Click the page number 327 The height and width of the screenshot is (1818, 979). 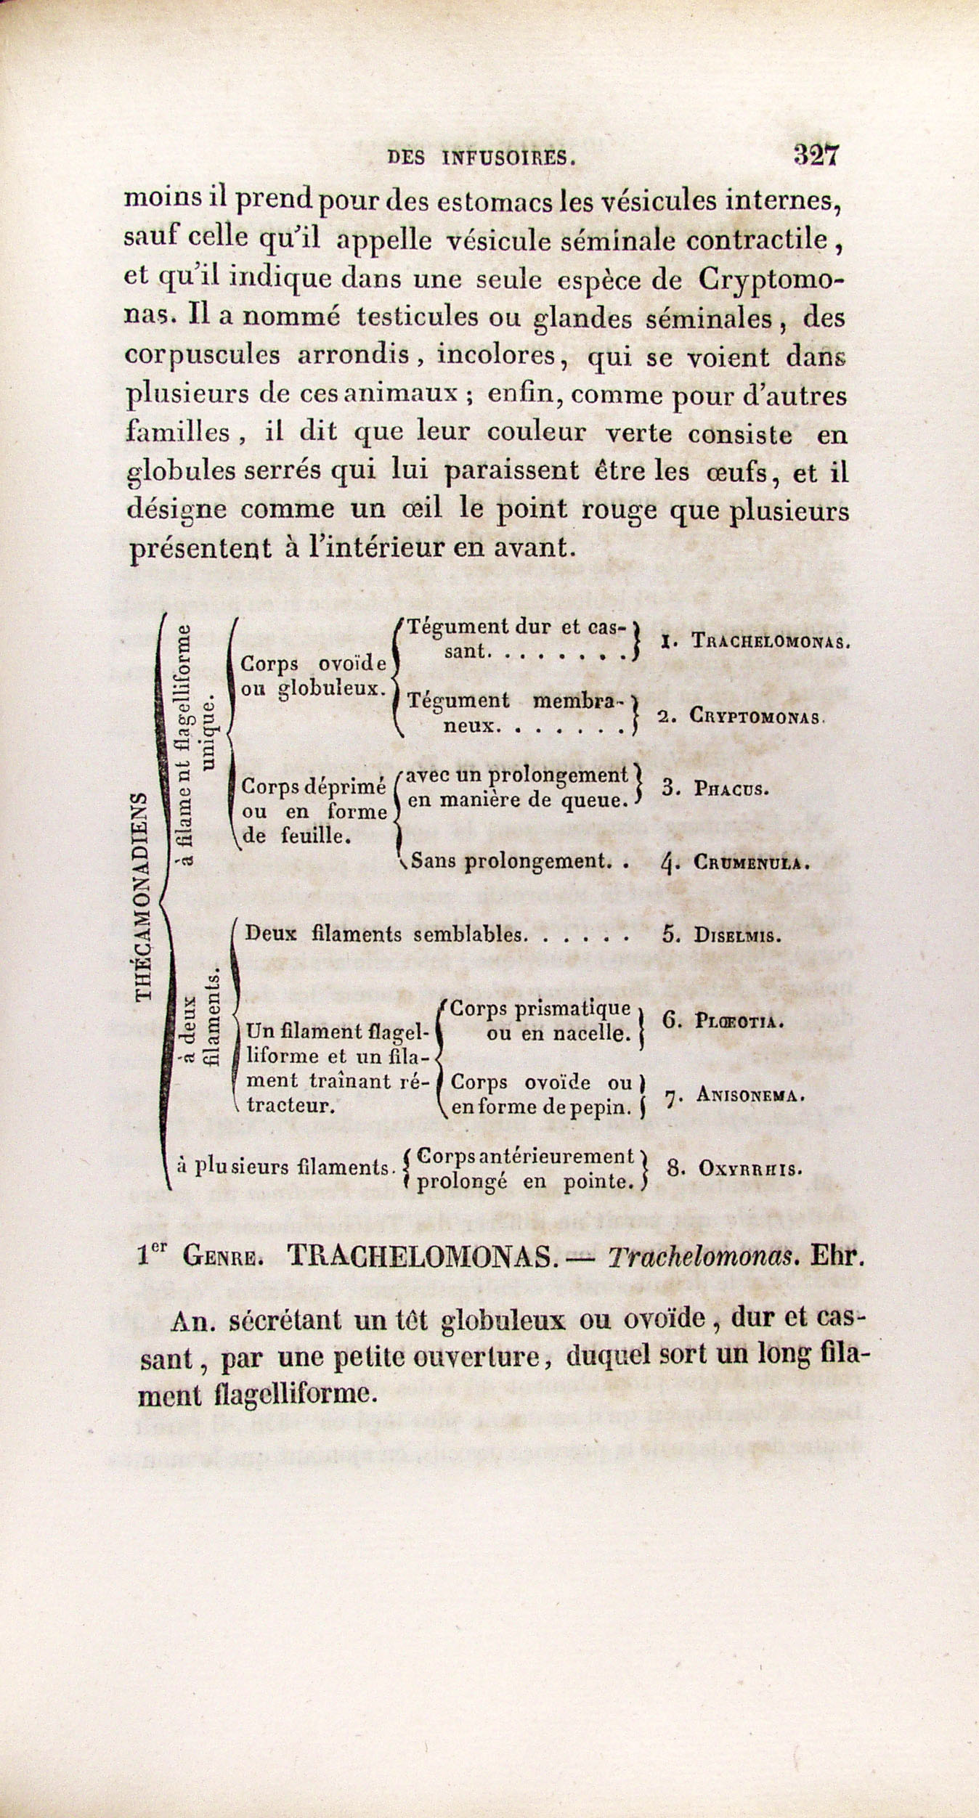(x=816, y=155)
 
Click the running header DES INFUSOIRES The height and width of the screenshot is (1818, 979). (x=482, y=158)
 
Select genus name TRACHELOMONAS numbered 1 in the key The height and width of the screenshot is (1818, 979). (x=771, y=641)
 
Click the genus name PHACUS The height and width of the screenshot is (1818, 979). (x=731, y=788)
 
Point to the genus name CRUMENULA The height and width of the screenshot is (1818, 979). (x=751, y=863)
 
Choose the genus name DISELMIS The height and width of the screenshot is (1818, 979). (x=737, y=935)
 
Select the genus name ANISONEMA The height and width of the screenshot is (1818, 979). (x=750, y=1096)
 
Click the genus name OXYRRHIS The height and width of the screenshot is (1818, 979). (x=750, y=1169)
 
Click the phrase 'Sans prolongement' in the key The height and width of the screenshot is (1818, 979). (x=508, y=861)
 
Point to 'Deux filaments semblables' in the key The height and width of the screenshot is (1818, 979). (x=385, y=934)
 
